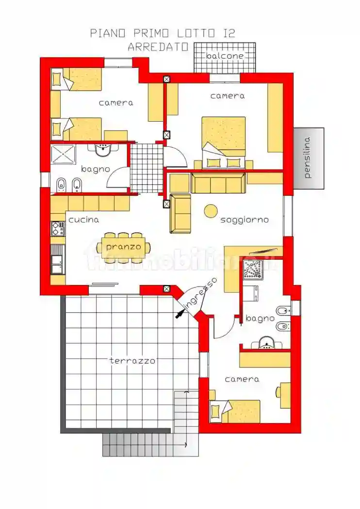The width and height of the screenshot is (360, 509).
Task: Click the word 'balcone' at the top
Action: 225,56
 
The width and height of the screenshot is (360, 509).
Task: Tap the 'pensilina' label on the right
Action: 308,158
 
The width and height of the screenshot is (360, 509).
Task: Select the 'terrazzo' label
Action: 132,361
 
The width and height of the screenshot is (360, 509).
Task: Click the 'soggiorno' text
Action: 245,220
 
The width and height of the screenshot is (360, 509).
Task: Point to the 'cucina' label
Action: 83,220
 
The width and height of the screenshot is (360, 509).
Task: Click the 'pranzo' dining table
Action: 123,247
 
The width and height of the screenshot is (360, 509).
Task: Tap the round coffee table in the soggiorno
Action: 211,210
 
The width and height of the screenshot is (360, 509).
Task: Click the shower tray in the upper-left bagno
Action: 63,154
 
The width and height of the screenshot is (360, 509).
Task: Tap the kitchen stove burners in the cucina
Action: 58,228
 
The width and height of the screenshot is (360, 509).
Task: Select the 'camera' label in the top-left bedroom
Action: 116,103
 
